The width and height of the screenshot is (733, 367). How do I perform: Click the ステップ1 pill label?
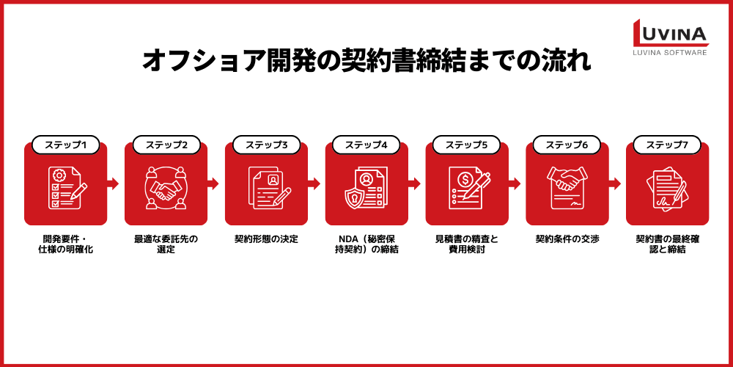click(65, 145)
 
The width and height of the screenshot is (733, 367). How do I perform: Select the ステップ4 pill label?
click(366, 145)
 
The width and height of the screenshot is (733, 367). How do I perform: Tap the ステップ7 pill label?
click(667, 145)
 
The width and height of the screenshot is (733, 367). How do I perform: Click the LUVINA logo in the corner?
click(671, 37)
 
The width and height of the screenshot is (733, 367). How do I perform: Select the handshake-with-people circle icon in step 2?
click(166, 188)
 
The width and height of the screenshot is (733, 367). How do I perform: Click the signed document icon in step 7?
click(667, 189)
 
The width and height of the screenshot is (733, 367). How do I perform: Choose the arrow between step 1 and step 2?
click(113, 183)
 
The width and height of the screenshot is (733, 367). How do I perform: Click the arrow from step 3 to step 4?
click(314, 183)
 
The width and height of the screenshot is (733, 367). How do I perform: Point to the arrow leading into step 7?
click(615, 183)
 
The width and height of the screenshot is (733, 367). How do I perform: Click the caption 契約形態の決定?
click(267, 239)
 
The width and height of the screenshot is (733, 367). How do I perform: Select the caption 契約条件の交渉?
click(567, 239)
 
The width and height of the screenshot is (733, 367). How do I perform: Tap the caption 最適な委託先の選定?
click(166, 244)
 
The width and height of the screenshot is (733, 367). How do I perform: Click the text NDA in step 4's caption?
click(347, 239)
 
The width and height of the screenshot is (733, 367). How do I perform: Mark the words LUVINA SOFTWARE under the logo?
click(671, 52)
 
